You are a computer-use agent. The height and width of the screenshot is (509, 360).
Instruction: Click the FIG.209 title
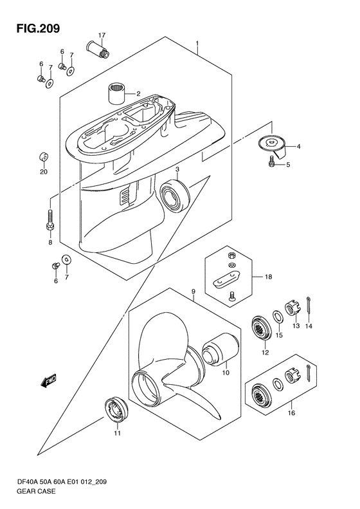pos(39,28)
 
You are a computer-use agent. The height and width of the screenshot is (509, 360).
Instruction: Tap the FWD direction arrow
pos(49,380)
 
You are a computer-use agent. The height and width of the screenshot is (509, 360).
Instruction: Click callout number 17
pos(102,35)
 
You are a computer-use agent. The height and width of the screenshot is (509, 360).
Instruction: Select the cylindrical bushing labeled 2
pos(117,93)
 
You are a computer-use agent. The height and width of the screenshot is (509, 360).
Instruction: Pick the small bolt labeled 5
pos(271,162)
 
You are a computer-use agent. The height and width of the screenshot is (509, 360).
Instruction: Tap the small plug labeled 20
pos(44,156)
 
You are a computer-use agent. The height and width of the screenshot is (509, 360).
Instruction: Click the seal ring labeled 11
pos(116,409)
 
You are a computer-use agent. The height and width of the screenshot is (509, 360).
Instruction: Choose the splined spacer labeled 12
pos(262,328)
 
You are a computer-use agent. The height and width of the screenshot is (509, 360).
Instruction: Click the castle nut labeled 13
pos(292,310)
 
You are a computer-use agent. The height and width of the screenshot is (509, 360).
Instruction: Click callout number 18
pos(268,277)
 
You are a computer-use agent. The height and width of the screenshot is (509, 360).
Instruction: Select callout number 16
pos(291,413)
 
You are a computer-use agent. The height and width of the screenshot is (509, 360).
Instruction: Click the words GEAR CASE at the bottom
pos(35,491)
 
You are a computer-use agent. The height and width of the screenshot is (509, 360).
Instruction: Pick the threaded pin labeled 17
pos(98,48)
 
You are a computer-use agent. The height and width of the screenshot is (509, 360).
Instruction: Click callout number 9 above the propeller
pos(193,292)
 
